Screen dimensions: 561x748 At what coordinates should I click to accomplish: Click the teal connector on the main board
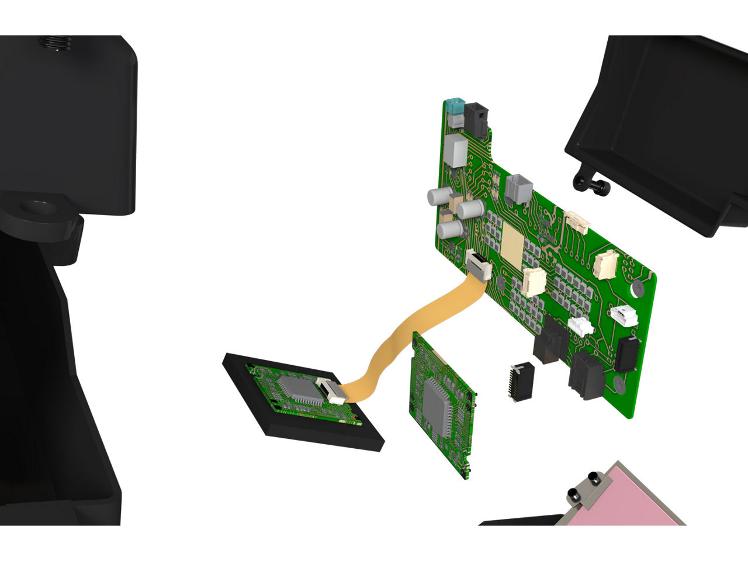click(453, 108)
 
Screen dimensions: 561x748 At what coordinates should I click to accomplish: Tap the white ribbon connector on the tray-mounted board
click(331, 390)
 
